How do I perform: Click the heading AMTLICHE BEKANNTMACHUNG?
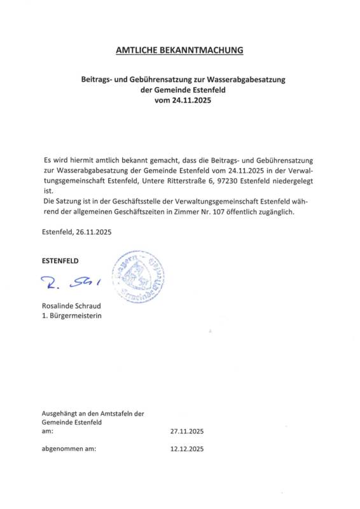pos(179,49)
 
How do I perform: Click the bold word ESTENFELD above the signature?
pos(62,261)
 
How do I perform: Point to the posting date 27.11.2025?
pos(187,431)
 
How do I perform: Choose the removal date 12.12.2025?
pos(187,449)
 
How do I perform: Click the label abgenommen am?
pos(69,449)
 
